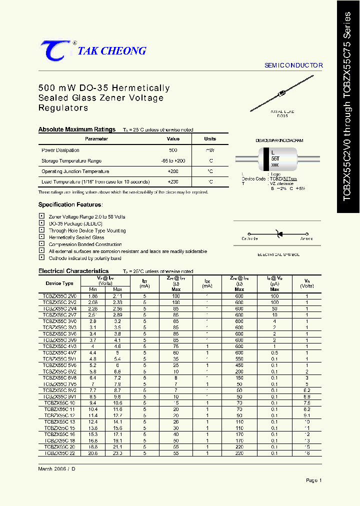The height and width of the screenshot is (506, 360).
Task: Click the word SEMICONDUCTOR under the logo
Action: (x=293, y=65)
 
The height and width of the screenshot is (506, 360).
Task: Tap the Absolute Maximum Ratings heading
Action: (x=77, y=129)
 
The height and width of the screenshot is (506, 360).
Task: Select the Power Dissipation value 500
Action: (x=173, y=150)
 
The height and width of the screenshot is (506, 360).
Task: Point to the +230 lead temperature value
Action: (x=173, y=182)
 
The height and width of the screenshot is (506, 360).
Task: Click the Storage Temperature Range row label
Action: (x=71, y=161)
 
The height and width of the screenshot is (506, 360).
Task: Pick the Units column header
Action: (x=210, y=139)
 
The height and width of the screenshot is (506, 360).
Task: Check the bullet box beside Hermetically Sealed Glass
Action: (x=41, y=237)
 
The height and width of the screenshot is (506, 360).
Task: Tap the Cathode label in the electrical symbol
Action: (x=249, y=238)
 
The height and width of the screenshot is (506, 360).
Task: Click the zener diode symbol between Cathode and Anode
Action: (x=278, y=233)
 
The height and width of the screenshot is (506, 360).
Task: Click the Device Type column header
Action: (x=59, y=283)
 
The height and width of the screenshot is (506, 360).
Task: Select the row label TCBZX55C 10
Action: (x=59, y=402)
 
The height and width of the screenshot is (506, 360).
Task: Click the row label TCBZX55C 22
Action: (x=59, y=452)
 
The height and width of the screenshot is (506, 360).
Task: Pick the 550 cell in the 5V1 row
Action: (x=239, y=359)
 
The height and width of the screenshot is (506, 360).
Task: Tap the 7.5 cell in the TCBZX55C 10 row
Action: (x=307, y=402)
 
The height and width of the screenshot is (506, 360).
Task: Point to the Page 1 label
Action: (x=313, y=480)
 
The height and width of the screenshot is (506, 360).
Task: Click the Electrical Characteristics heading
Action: (x=73, y=271)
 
